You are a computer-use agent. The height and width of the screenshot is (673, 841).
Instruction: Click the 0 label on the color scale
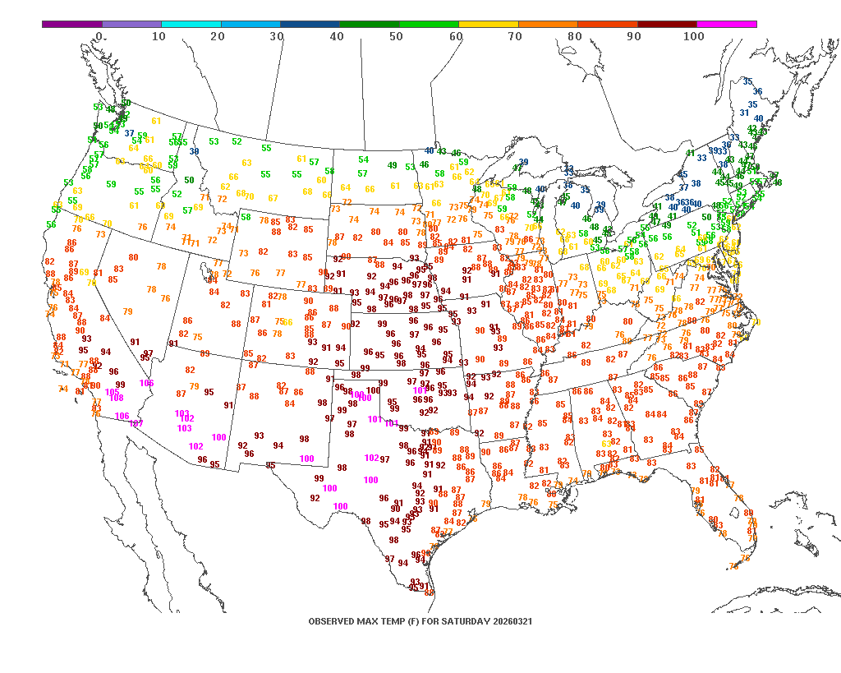coord(99,37)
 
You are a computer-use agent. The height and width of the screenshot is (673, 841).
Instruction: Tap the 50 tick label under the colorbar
coord(396,37)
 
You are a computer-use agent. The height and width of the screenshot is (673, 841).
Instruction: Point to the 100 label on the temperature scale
coord(694,37)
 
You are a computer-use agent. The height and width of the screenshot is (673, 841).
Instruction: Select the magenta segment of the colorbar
coord(727,25)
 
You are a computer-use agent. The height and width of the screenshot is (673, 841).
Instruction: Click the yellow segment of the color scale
coord(489,25)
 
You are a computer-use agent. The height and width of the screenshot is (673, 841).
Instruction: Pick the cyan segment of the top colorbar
coord(191,25)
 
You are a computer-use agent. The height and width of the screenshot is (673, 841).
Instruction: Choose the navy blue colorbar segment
coord(310,25)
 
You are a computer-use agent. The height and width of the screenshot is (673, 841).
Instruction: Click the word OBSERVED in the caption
coord(333,621)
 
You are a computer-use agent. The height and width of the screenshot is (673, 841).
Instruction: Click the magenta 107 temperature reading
coord(136,424)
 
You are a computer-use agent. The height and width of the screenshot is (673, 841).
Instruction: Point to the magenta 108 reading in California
coord(117,398)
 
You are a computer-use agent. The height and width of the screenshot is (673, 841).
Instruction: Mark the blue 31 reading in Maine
coord(744,113)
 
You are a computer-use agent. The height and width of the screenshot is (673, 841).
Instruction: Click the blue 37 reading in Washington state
coord(130,133)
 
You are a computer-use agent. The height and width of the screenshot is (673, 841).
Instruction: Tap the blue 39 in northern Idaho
coord(195,151)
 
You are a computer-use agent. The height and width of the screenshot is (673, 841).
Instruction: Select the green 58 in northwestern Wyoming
coord(246,217)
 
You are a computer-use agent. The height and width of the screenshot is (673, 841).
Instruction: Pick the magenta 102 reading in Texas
coord(371,458)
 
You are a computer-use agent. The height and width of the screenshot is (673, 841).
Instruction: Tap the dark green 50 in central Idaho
coord(190,180)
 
